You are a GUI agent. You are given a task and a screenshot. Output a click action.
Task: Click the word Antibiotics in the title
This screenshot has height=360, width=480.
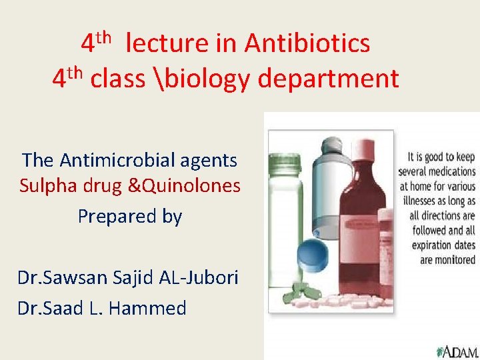(x=307, y=44)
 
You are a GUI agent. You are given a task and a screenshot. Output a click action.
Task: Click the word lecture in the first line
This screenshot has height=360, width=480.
(x=166, y=44)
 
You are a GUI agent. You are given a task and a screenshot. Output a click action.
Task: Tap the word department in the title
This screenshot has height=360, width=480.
(x=328, y=79)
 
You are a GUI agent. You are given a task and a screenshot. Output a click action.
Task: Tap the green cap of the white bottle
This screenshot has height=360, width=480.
(x=283, y=164)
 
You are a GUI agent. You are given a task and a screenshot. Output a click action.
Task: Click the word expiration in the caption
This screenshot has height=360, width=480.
(x=427, y=245)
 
